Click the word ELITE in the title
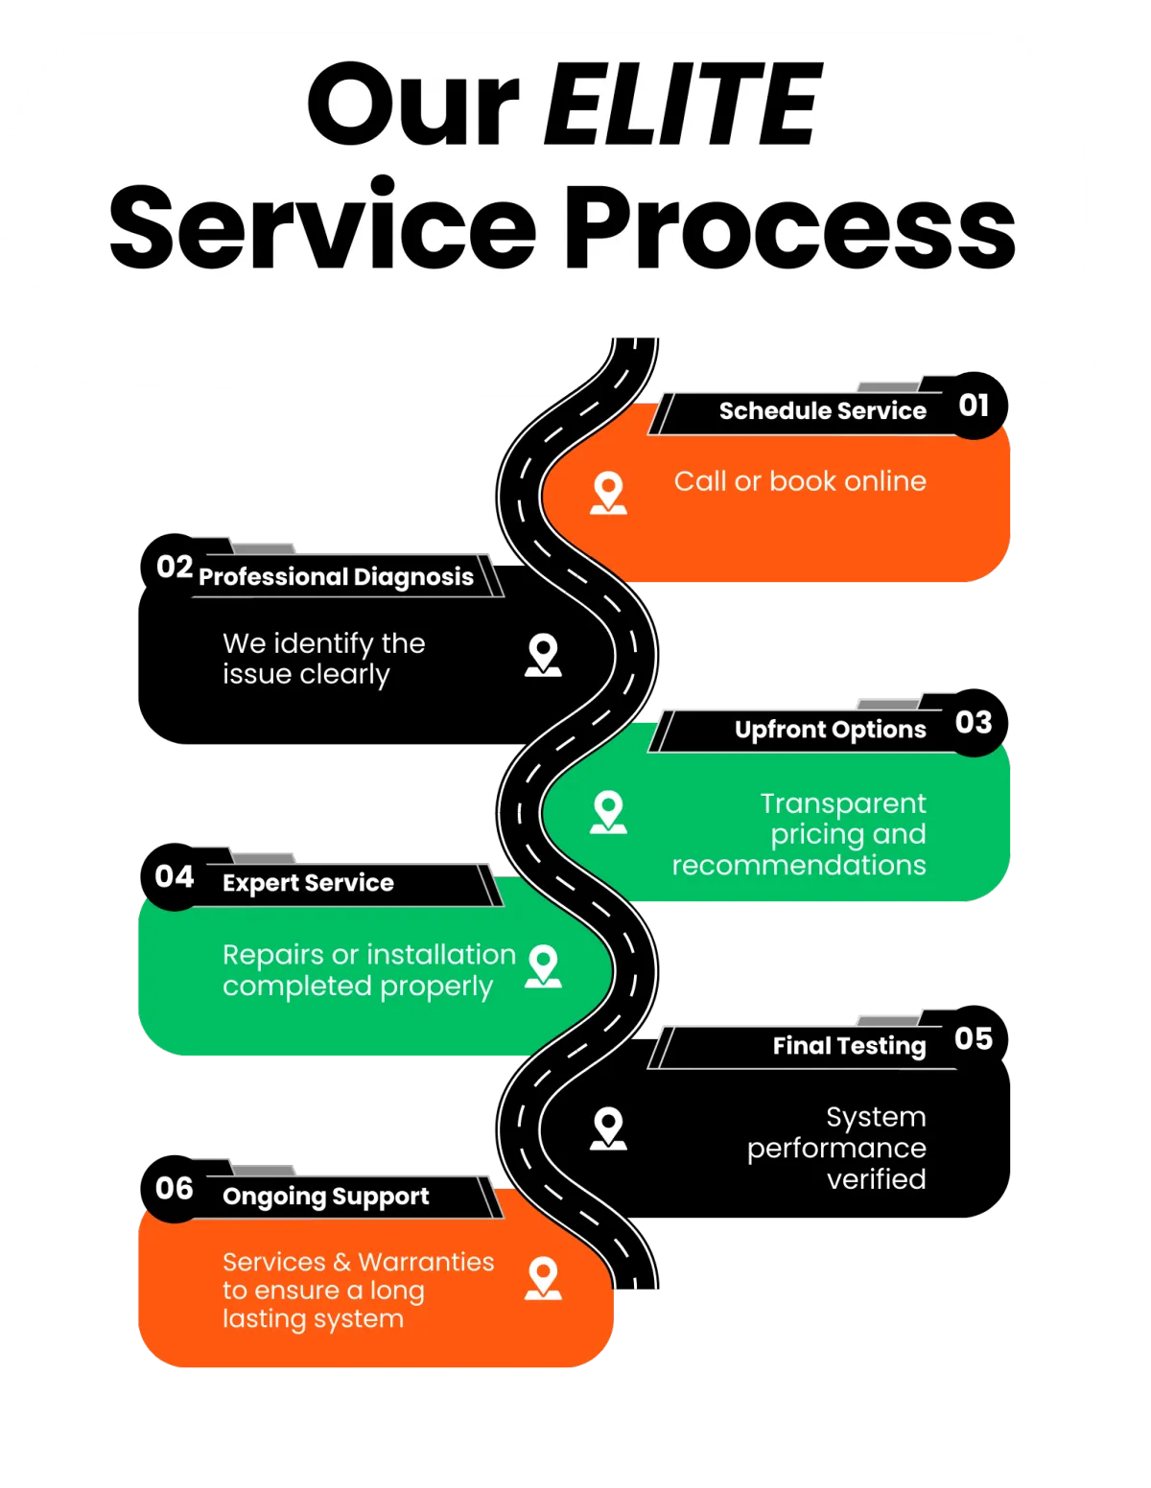pos(682,104)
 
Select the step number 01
pos(974,406)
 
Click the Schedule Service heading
pos(822,411)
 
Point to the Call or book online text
pos(800,481)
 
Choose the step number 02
pos(175,567)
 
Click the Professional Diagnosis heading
pos(336,577)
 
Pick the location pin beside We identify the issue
pos(543,655)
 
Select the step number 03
pos(974,722)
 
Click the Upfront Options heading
pos(830,730)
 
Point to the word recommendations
pos(799,865)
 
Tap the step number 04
pos(175,876)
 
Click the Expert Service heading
pos(308,883)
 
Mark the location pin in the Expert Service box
pos(543,966)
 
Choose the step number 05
pos(974,1038)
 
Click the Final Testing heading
pos(849,1046)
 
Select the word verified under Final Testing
pos(876,1179)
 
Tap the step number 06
pos(175,1189)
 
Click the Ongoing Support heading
pos(325,1197)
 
